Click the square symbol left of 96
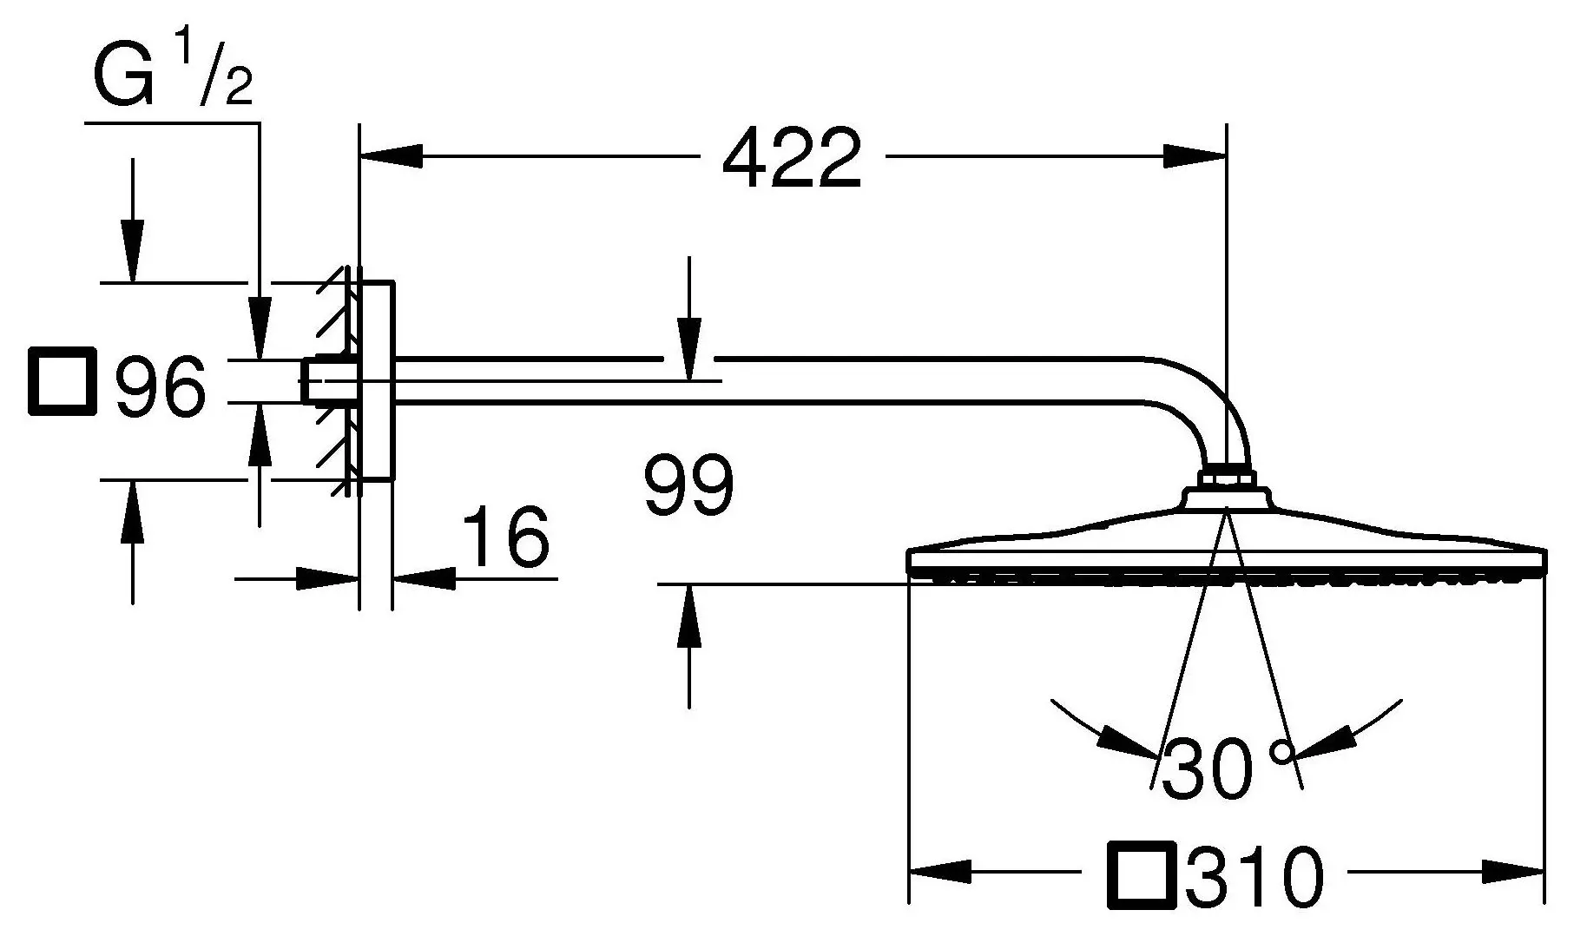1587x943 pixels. (x=62, y=381)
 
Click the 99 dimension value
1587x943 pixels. (x=689, y=485)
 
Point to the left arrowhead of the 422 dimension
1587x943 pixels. (x=391, y=156)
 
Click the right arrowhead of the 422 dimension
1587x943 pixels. (x=1195, y=156)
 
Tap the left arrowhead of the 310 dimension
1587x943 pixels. (x=939, y=871)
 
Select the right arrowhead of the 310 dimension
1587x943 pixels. (x=1513, y=871)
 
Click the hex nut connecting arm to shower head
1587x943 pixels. (x=1226, y=478)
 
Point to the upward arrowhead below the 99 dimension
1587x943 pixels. (x=689, y=617)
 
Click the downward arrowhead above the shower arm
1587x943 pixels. (x=689, y=349)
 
